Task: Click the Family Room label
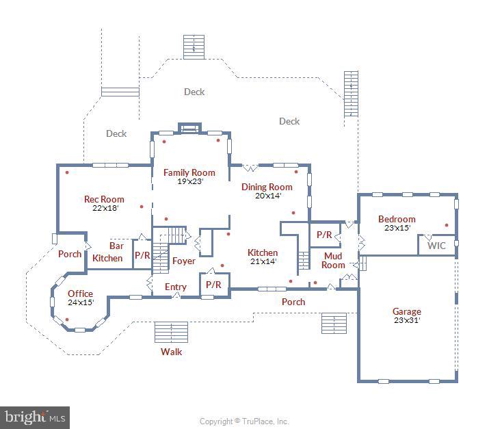[x=189, y=172]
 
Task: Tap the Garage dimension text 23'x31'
[x=407, y=320]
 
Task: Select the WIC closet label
[x=436, y=246]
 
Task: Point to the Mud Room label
[x=333, y=261]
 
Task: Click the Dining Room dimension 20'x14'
[x=268, y=196]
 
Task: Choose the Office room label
[x=80, y=294]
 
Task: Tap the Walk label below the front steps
[x=171, y=352]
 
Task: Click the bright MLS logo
[x=35, y=417]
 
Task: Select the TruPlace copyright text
[x=244, y=421]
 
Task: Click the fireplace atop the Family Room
[x=189, y=128]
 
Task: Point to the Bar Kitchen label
[x=108, y=252]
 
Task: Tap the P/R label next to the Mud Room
[x=324, y=235]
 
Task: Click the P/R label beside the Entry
[x=213, y=285]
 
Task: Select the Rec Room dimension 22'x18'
[x=105, y=208]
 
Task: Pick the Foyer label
[x=184, y=261]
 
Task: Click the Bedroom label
[x=397, y=219]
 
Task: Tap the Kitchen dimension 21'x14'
[x=263, y=261]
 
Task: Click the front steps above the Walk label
[x=171, y=332]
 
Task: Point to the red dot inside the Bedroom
[x=447, y=225]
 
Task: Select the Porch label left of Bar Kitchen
[x=70, y=254]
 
